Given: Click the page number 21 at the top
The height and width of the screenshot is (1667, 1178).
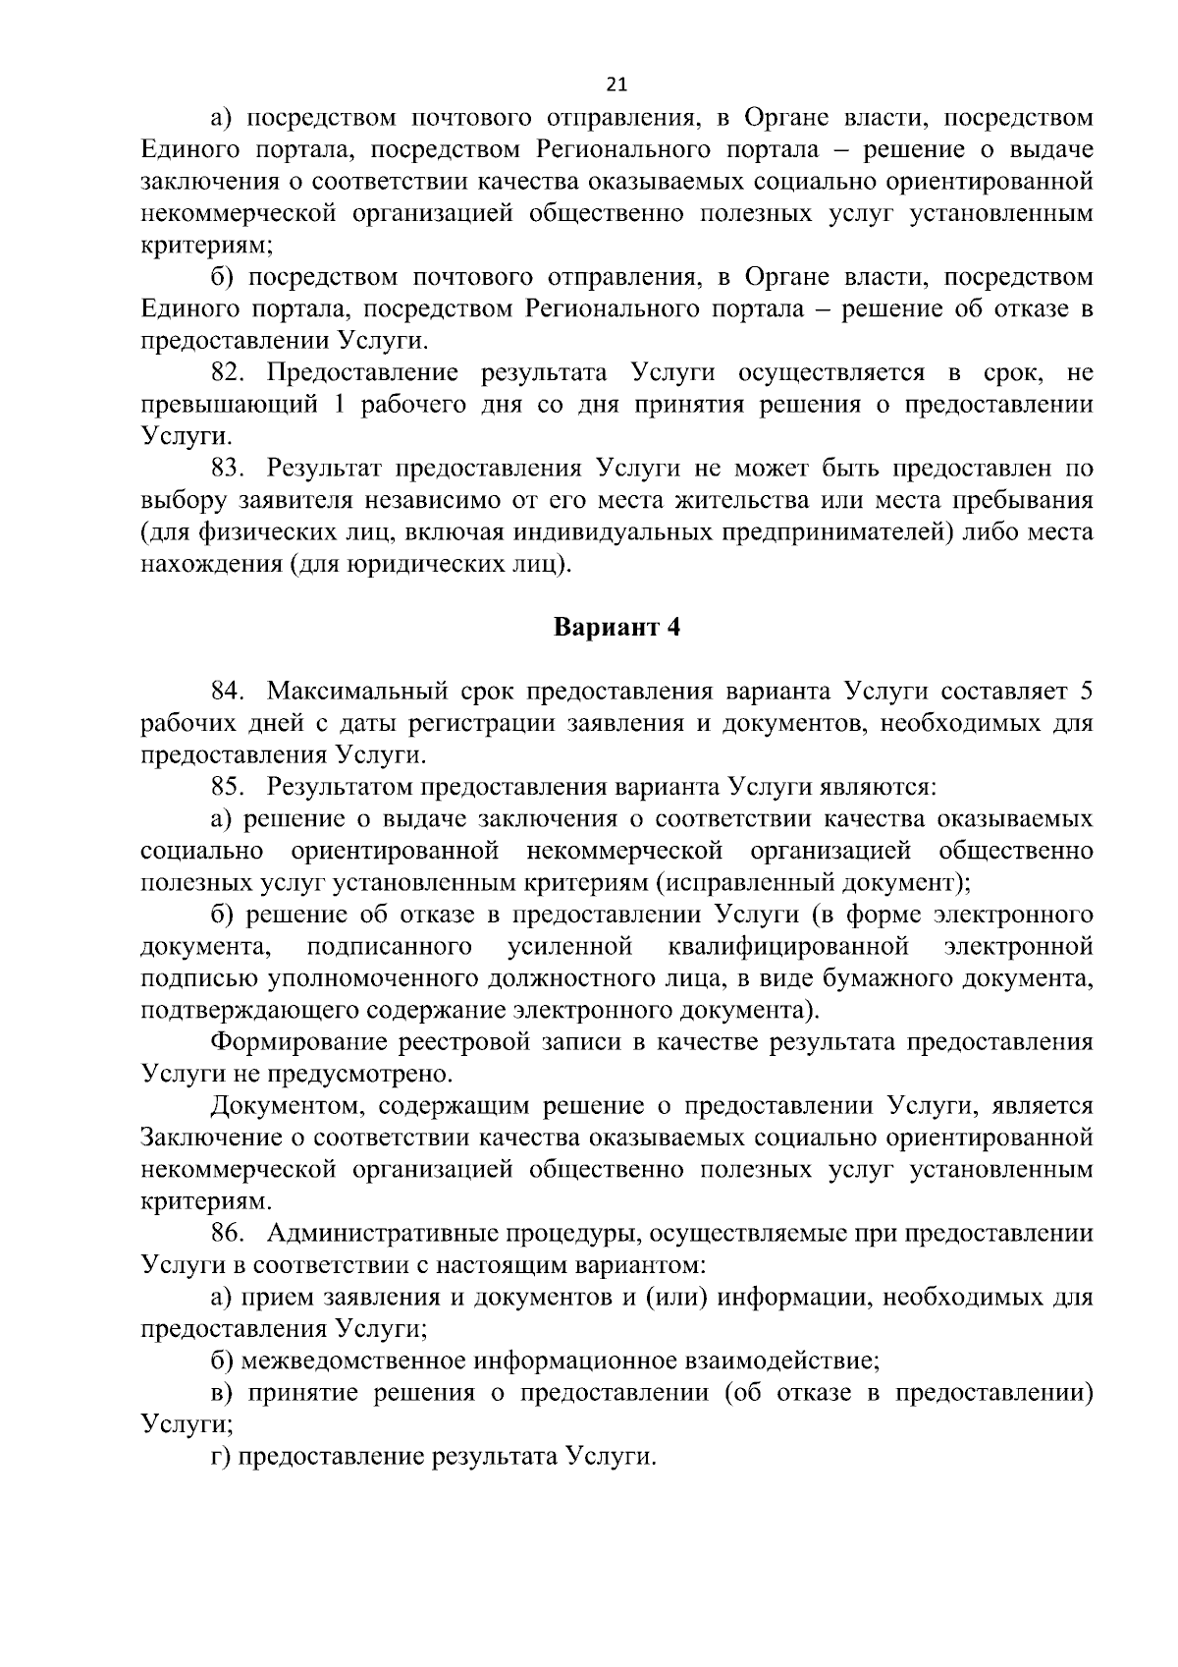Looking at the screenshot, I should [617, 83].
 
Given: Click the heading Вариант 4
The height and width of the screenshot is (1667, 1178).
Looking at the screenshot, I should [616, 629].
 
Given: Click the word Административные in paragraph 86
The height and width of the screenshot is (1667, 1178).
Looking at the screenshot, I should [378, 1234].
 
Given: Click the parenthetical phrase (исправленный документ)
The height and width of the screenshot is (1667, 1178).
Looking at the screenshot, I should [814, 881].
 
